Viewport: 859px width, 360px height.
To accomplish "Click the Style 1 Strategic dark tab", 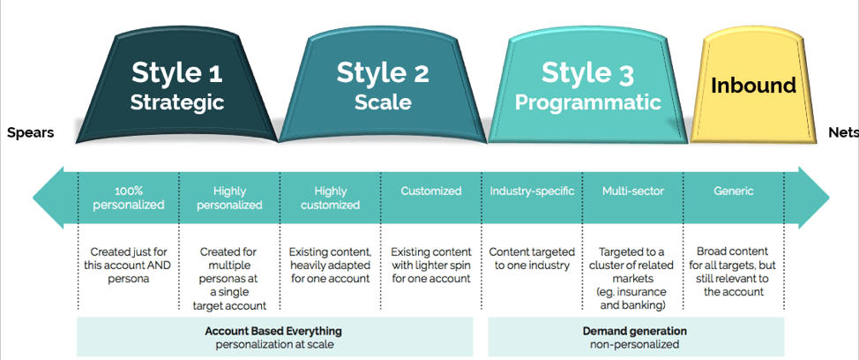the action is [176, 88].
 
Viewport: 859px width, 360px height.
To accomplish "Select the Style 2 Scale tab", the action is [383, 88].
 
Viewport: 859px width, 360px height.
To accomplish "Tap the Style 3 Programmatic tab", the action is [588, 88].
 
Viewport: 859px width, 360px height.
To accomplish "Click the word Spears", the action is [31, 133].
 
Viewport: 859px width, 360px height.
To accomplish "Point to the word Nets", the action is [843, 133].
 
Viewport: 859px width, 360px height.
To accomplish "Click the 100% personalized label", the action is [128, 199].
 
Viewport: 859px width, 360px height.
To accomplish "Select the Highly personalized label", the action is [229, 199].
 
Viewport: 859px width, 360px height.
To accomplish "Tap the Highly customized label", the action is [331, 199].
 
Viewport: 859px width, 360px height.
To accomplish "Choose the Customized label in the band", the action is [431, 191].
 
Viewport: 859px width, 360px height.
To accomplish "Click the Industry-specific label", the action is [532, 191].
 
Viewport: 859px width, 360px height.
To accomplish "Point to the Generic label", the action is [734, 191].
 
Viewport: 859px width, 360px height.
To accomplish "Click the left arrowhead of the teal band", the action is [49, 198].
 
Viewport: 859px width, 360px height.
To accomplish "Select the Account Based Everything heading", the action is [273, 331].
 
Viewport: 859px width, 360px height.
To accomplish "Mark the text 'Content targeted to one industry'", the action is [532, 259].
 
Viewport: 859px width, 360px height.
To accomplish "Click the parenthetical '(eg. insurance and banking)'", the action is [632, 298].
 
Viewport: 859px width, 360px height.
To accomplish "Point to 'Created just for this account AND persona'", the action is [128, 266].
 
